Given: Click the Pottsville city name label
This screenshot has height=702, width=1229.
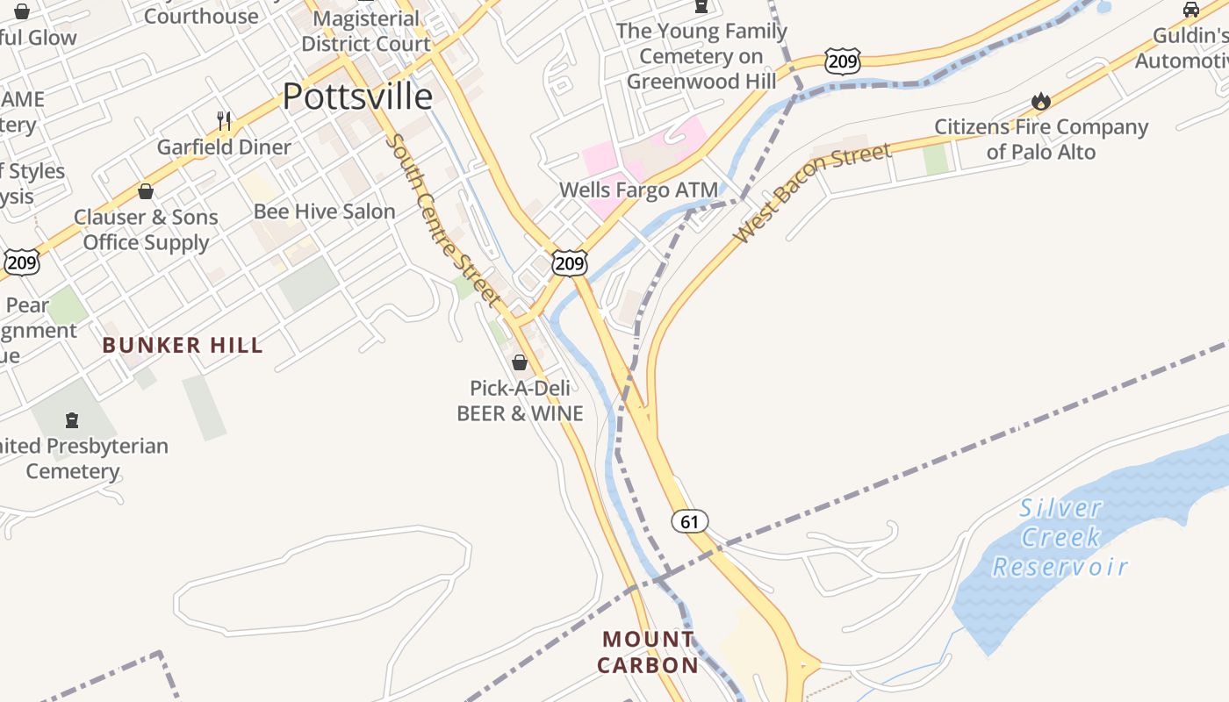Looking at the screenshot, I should click(x=357, y=97).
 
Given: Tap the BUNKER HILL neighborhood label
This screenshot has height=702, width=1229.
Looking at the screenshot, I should click(x=183, y=345).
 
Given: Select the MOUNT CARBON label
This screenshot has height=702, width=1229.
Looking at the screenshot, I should click(x=648, y=652).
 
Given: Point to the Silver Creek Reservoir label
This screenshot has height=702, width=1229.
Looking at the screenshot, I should click(x=1060, y=537).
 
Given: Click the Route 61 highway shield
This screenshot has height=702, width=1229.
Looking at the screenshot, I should click(x=690, y=521).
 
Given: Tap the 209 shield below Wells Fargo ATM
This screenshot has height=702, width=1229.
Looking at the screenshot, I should click(x=570, y=262).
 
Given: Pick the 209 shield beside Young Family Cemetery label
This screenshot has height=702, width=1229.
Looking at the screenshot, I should click(x=842, y=61).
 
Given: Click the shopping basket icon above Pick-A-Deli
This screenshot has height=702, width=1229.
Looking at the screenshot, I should click(x=520, y=362).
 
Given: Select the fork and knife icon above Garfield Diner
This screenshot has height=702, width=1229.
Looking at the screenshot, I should click(x=224, y=120).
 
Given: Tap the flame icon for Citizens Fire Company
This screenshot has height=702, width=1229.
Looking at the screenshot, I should click(x=1041, y=102).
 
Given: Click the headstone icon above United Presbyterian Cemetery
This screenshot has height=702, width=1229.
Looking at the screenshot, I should click(x=72, y=419).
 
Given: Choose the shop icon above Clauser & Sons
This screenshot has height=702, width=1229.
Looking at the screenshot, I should click(x=146, y=190).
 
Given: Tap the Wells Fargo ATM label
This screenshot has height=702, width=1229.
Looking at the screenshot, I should click(x=638, y=190).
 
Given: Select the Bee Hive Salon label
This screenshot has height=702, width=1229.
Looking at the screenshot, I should click(x=324, y=211).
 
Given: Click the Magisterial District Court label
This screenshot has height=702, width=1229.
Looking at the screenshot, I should click(x=366, y=32).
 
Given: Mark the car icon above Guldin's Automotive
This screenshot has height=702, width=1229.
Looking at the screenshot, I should click(x=1190, y=10).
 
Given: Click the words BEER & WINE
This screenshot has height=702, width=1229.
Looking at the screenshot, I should click(x=520, y=412).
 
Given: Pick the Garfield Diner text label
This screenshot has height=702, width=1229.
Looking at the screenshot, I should click(x=224, y=147).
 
